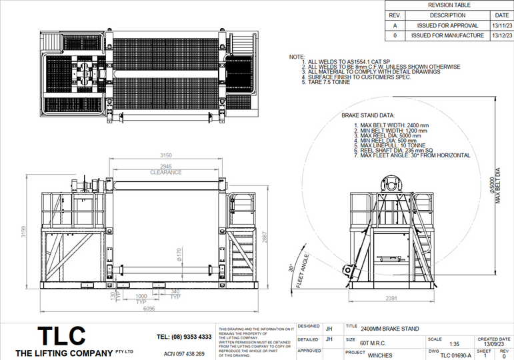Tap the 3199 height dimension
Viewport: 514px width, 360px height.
pos(23,233)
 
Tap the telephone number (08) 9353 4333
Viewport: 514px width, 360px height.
pos(184,337)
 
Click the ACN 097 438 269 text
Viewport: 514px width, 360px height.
pos(184,353)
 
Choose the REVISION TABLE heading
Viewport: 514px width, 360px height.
pos(449,5)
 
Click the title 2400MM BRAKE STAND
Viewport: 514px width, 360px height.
pos(390,328)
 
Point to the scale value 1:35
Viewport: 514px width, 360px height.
pos(454,344)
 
